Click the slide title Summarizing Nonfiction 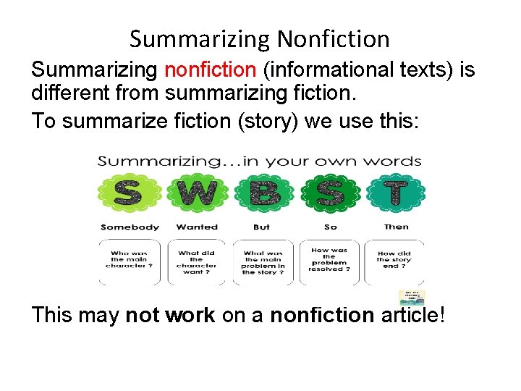pos(260,38)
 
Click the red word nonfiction pos(211,70)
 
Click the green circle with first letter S pos(130,193)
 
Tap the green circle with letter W pos(197,193)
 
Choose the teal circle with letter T pos(395,193)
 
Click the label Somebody pos(130,227)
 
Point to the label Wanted pos(197,227)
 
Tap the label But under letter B pos(262,227)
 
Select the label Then pos(396,227)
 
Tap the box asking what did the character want pos(197,261)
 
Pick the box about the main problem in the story pos(263,261)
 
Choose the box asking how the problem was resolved pos(330,261)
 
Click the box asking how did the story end pos(394,261)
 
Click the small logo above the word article pos(412,298)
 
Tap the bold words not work pos(170,315)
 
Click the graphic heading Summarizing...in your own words pos(260,161)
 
